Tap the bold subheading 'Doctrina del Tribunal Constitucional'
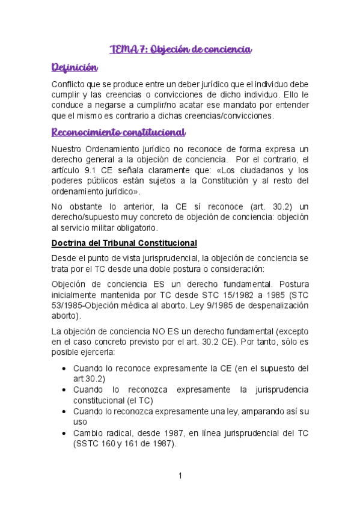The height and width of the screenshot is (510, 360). (124, 243)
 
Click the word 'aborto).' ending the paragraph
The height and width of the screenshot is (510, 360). (67, 316)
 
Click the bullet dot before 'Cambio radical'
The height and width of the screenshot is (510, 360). (64, 434)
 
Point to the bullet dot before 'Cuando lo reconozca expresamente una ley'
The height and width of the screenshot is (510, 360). (64, 412)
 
